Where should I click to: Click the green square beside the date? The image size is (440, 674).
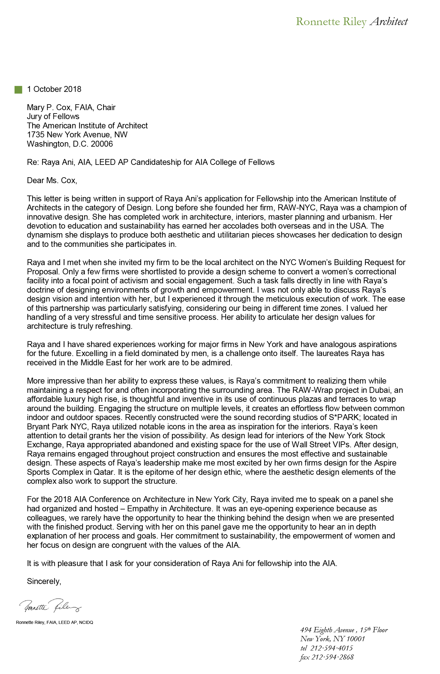tap(19, 90)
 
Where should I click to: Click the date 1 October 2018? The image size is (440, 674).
tap(54, 89)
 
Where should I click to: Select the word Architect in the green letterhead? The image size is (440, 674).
tap(389, 22)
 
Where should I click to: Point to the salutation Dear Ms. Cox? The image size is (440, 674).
tap(52, 180)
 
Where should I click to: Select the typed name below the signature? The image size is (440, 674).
tap(54, 622)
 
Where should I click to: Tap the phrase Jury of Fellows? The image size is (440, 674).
tap(53, 116)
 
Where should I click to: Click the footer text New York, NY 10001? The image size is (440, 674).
tap(332, 639)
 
